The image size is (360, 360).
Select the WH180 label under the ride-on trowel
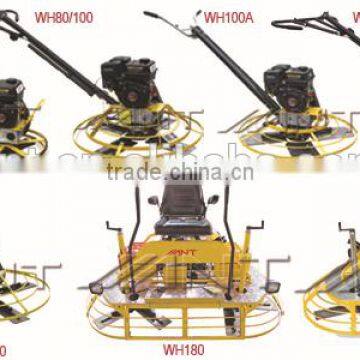(x=181, y=351)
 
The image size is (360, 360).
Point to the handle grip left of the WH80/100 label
(x=13, y=17)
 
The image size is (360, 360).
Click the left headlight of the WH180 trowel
(x=97, y=287)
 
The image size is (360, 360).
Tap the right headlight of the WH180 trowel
(x=263, y=286)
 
